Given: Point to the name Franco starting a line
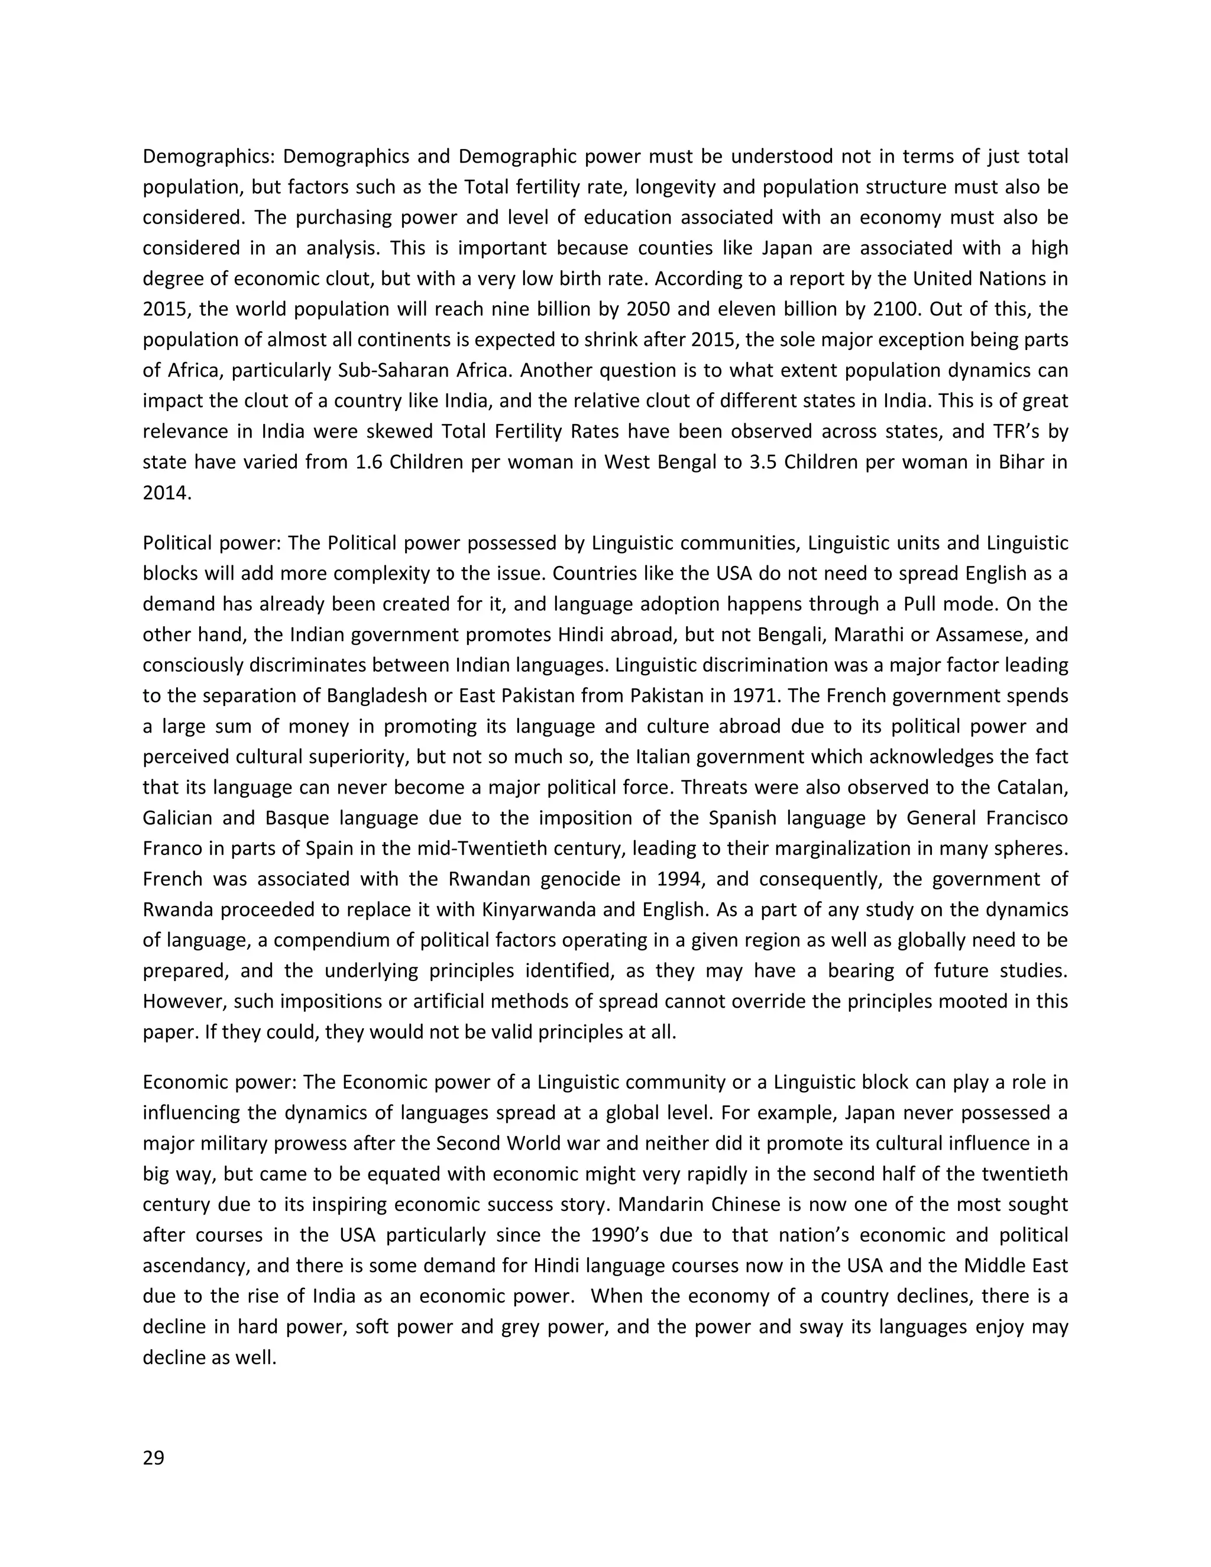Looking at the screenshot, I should [171, 848].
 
